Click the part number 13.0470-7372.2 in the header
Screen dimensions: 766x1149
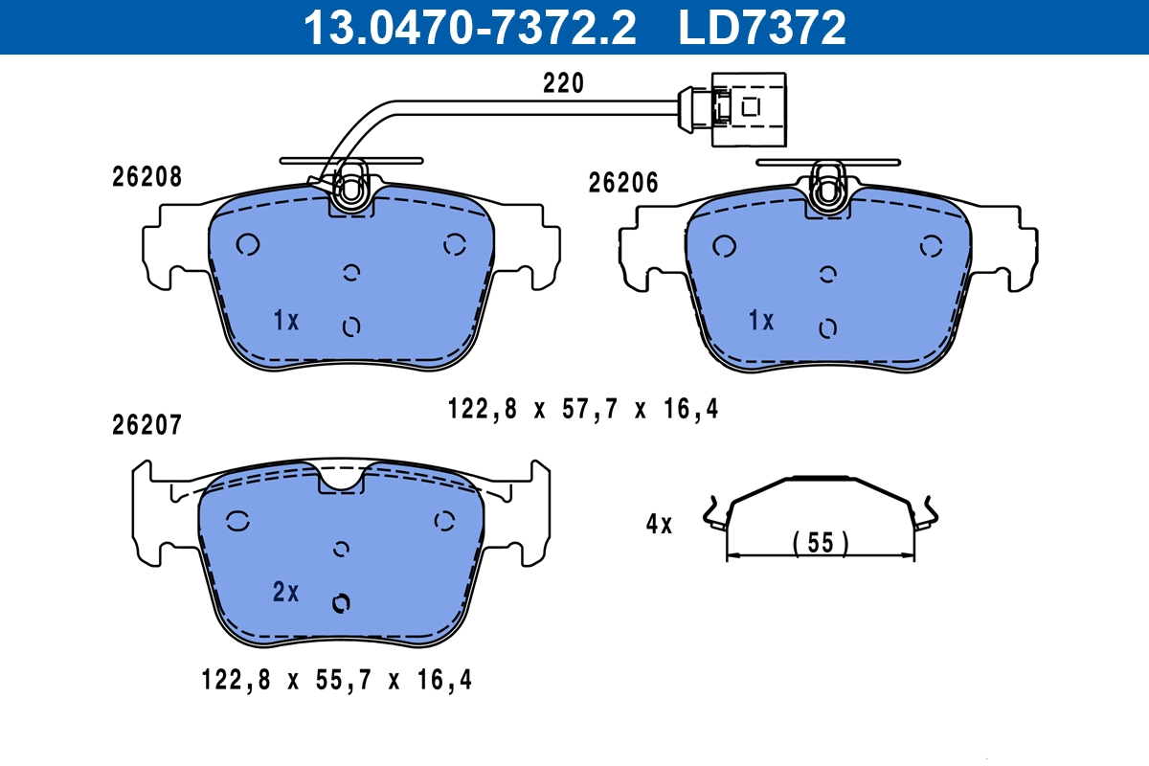pos(469,27)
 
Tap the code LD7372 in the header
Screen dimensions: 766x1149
pos(762,27)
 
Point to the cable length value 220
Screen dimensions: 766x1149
pos(563,83)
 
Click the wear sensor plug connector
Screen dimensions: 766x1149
pos(732,107)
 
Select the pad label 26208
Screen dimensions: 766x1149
pos(146,177)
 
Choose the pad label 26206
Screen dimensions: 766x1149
pos(623,183)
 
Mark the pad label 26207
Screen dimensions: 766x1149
pos(146,426)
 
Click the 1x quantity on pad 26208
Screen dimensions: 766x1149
pos(285,321)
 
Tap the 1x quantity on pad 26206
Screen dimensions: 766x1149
pos(760,321)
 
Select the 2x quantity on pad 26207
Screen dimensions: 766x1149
pos(285,593)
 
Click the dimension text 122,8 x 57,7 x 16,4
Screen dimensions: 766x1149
pos(582,410)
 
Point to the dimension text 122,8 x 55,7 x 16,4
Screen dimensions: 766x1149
pos(337,681)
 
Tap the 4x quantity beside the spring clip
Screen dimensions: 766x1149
pos(659,524)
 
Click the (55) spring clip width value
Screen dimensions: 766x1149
pos(821,543)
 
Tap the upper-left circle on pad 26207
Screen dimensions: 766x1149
pos(237,521)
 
